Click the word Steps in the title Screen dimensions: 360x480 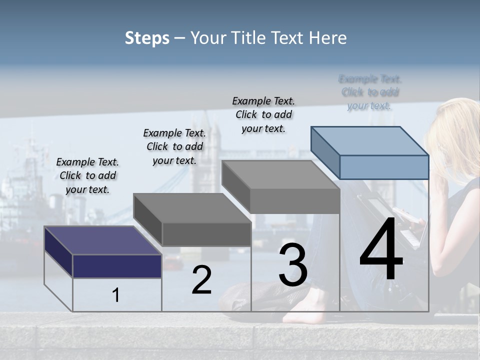click(147, 38)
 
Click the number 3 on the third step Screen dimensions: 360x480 click(293, 265)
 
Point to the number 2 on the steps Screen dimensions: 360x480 click(202, 280)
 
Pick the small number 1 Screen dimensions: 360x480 click(116, 295)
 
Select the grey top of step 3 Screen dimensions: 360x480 click(280, 174)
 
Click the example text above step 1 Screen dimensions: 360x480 click(87, 175)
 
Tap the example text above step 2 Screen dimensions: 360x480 click(174, 146)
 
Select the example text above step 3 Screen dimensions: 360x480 click(263, 114)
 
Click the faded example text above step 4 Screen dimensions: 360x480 click(370, 92)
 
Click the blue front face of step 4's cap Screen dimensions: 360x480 click(384, 167)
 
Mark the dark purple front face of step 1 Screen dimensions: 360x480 click(117, 266)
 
